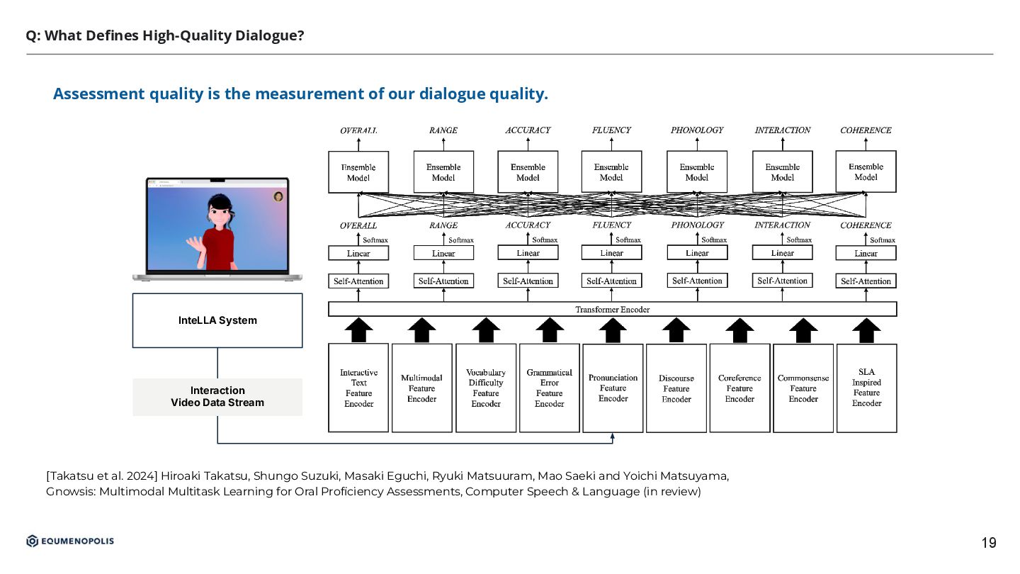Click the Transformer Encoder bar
[612, 310]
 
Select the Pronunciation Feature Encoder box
[613, 388]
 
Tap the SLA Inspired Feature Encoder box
[866, 388]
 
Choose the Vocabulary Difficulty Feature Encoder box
[486, 388]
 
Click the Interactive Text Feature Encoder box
[358, 388]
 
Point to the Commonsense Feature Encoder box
[803, 388]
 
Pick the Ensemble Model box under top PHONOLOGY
[697, 172]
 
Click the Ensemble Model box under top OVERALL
[358, 172]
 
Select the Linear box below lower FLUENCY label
[611, 253]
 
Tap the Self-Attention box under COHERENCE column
[866, 281]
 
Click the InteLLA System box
[217, 320]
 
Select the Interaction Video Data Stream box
[217, 397]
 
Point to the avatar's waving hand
[194, 244]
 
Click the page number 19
[988, 544]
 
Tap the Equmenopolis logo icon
[33, 541]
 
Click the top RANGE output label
[443, 130]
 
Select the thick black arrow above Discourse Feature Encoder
[676, 330]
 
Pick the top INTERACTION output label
[783, 130]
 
